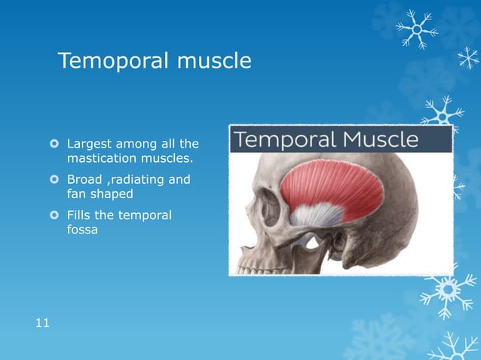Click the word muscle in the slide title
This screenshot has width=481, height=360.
213,61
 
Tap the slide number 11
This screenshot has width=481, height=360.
42,323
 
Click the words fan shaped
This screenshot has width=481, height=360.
100,195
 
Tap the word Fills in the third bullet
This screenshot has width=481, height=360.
79,215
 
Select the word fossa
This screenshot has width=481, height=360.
84,231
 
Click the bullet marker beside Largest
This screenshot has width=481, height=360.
54,143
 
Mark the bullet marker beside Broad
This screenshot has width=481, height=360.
54,180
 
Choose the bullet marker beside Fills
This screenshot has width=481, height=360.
54,216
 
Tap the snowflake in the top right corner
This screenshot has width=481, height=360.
416,28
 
